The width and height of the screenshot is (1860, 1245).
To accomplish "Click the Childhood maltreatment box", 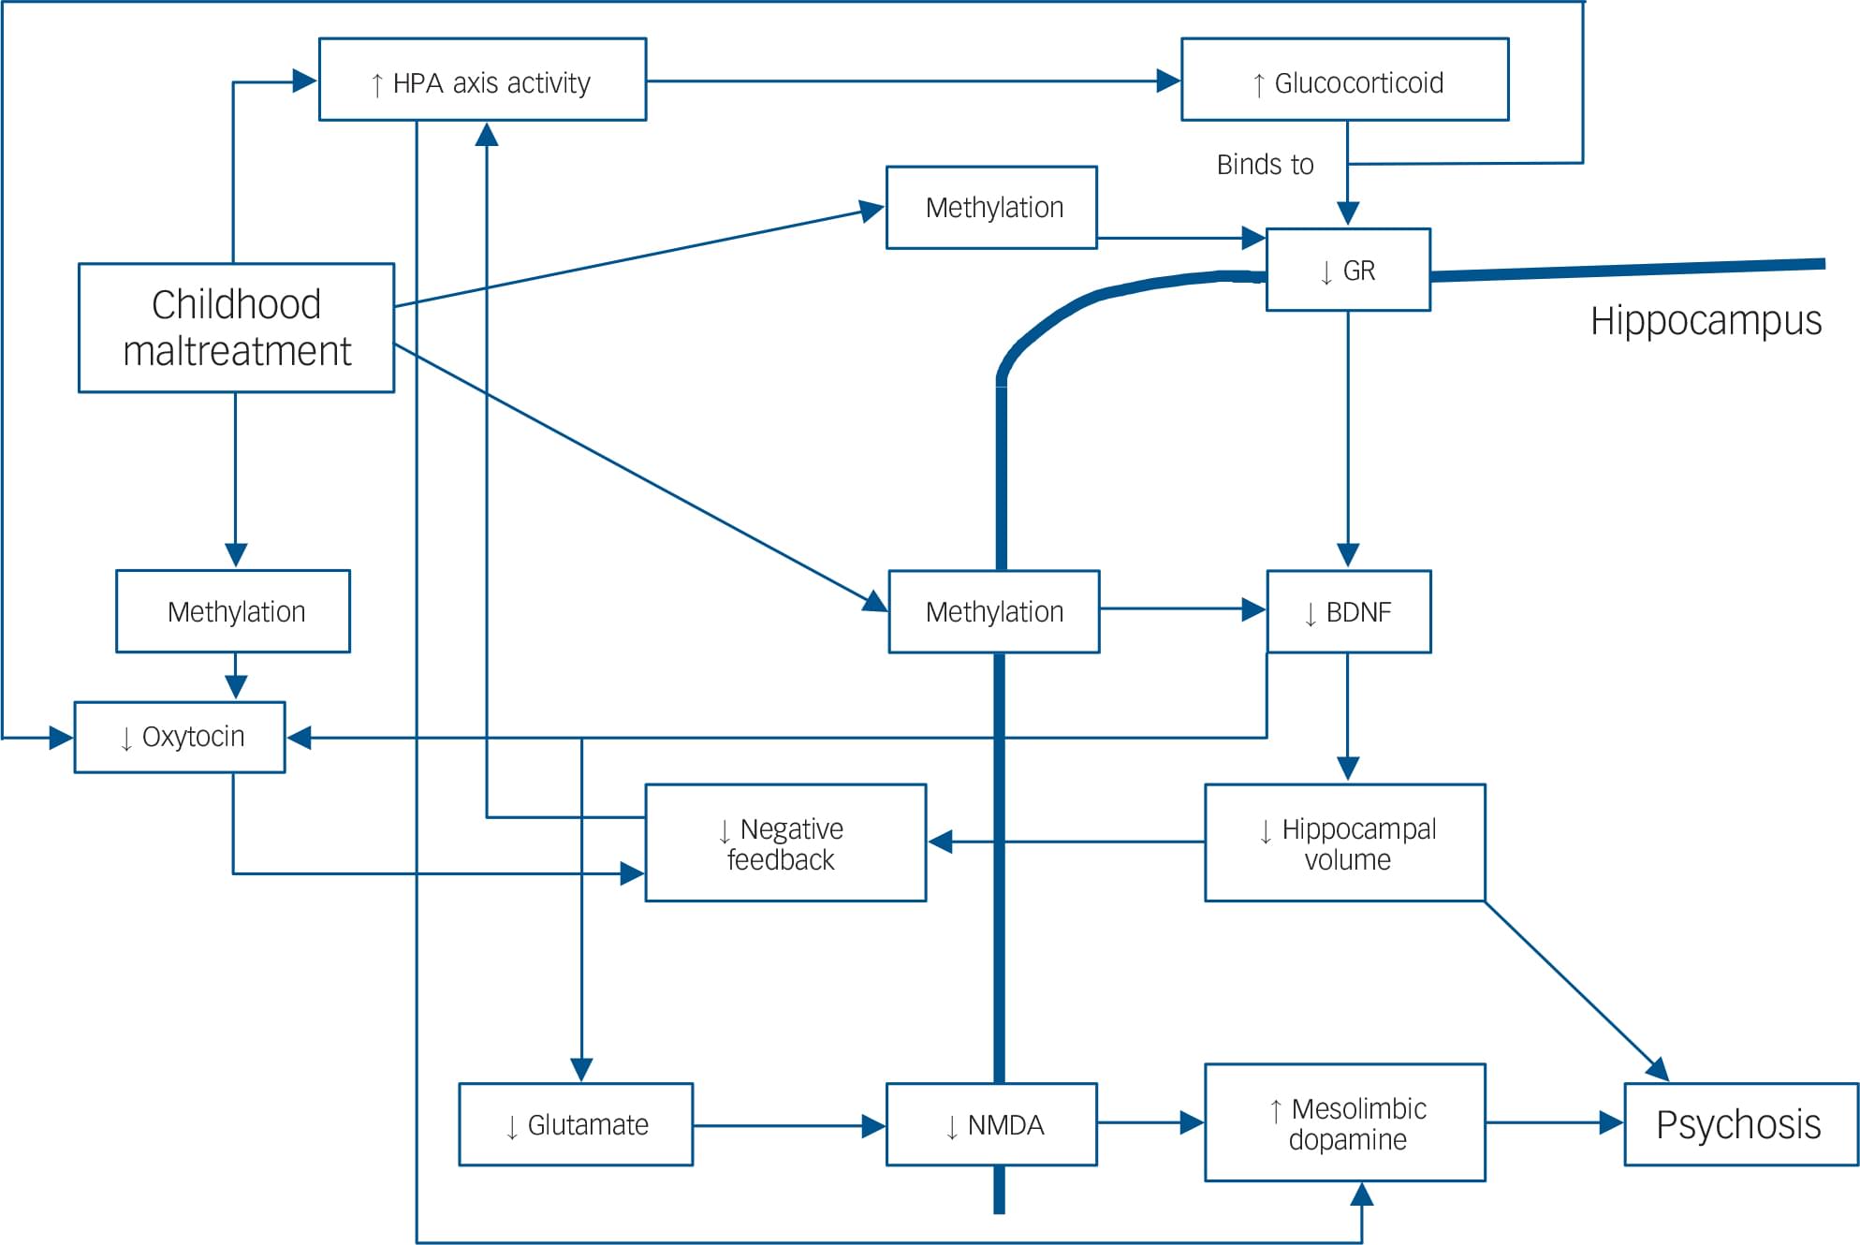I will [x=236, y=328].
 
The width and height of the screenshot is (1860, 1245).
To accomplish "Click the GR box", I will [x=1347, y=270].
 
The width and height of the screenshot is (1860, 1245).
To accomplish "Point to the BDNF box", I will [x=1348, y=611].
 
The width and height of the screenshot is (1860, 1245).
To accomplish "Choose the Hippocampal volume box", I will [x=1344, y=842].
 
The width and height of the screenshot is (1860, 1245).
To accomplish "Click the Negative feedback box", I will [x=785, y=842].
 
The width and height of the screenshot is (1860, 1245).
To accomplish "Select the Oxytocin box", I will [x=180, y=737].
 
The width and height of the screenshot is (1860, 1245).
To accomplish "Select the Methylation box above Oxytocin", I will [x=233, y=611].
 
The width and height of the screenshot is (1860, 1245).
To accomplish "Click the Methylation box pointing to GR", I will [x=991, y=207].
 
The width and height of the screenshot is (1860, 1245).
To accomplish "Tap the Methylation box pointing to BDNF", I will [x=993, y=611].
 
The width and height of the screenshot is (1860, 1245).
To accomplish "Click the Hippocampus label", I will [x=1706, y=320].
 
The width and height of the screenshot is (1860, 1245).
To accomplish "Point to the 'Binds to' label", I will [x=1265, y=165].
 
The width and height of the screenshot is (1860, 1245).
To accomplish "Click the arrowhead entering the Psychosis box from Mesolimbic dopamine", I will [x=1611, y=1122].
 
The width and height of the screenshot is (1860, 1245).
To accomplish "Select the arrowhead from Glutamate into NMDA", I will [x=873, y=1125].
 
